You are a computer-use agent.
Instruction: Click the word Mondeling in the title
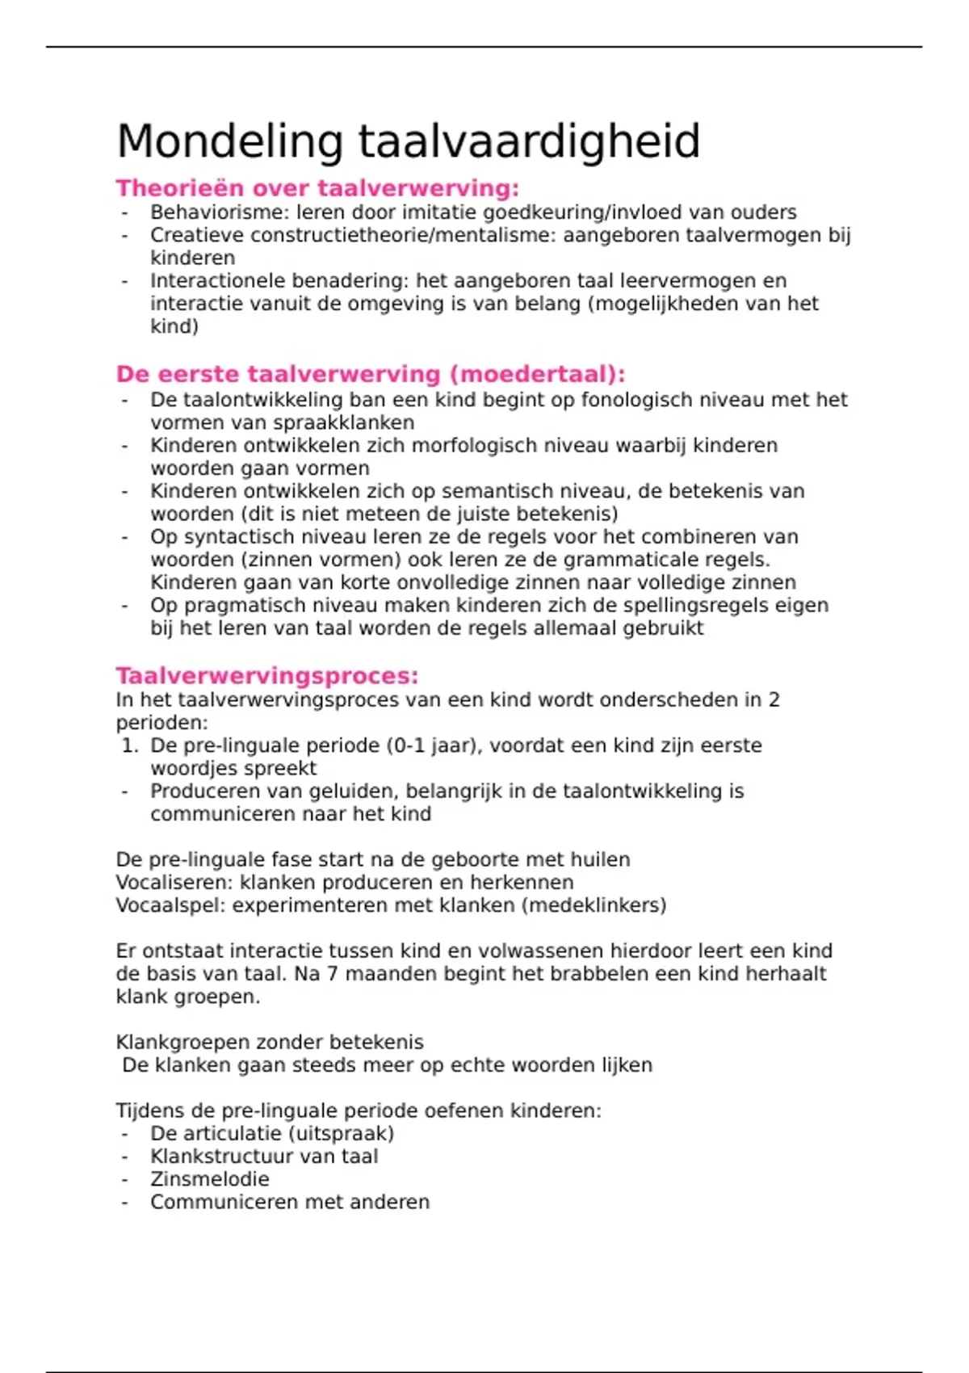click(230, 142)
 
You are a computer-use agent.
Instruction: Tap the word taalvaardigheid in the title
click(529, 142)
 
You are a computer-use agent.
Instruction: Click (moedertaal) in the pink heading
click(537, 375)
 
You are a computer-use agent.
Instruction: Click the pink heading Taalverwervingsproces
click(266, 676)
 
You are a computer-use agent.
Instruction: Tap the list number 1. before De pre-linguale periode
click(130, 745)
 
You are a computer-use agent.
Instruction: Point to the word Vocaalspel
click(170, 905)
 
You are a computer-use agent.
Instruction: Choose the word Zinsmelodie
click(210, 1179)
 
